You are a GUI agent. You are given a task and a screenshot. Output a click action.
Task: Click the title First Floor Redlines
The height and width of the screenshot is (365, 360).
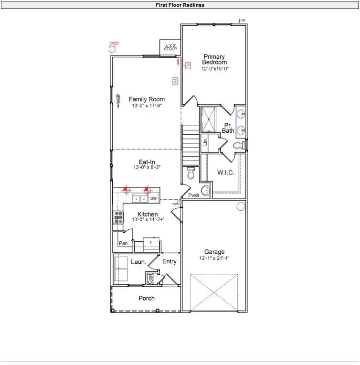[180, 5]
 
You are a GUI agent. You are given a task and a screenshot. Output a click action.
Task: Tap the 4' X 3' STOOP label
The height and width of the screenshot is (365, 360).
[169, 47]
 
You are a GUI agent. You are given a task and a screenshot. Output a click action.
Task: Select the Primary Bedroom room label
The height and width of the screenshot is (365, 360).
[214, 59]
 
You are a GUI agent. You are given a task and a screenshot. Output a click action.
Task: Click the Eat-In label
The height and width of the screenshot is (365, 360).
[147, 162]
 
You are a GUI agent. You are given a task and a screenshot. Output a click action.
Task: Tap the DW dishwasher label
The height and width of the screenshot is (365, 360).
[154, 198]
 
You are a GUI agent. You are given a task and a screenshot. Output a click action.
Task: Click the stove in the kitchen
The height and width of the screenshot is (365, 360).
[117, 217]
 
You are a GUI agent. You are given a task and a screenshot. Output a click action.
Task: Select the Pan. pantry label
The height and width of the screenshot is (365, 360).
[123, 243]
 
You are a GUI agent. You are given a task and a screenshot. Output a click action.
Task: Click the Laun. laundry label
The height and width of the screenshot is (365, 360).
[138, 262]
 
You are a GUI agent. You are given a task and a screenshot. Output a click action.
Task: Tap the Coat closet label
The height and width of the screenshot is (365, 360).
[150, 279]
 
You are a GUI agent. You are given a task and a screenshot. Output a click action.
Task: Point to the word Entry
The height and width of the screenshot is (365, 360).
[169, 261]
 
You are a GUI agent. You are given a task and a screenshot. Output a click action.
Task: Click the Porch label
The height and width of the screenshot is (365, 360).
[147, 298]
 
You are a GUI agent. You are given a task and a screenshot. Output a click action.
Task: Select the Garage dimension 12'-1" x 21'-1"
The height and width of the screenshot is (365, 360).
[214, 258]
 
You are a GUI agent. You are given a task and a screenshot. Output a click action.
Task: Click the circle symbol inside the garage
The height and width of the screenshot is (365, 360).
[241, 206]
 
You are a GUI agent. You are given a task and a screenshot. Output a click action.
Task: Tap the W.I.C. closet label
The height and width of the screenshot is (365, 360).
[225, 172]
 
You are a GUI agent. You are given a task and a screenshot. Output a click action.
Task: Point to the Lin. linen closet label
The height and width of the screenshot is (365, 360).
[205, 142]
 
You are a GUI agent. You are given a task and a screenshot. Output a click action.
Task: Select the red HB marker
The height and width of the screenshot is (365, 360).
[242, 21]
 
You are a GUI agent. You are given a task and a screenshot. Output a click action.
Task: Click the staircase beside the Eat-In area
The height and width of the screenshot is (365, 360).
[190, 143]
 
